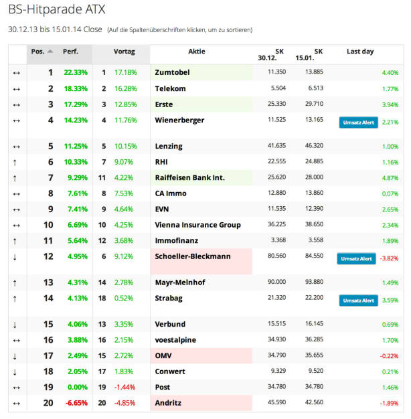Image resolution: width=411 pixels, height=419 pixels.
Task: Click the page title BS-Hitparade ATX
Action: [x=57, y=10]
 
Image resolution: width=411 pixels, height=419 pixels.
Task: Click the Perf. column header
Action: [x=70, y=52]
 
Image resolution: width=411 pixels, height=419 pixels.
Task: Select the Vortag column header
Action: [x=124, y=52]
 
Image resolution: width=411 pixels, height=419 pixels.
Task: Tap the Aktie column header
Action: [x=197, y=52]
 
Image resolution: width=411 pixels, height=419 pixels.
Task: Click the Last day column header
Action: [x=360, y=52]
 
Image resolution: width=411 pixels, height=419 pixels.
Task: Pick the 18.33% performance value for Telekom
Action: [x=76, y=88]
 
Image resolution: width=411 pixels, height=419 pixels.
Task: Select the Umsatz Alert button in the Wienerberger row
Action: [x=357, y=122]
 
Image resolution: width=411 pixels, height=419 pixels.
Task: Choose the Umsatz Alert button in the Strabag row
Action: [x=357, y=301]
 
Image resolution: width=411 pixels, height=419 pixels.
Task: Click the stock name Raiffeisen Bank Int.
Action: [x=189, y=177]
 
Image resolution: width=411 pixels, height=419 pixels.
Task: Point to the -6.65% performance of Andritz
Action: [x=76, y=403]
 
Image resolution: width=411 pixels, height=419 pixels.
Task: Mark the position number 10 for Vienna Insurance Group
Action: [x=48, y=225]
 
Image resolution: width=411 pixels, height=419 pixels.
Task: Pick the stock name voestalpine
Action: [x=175, y=340]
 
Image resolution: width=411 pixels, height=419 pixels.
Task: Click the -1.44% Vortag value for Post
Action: [x=125, y=387]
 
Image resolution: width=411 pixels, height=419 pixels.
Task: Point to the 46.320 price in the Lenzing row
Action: [x=314, y=146]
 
